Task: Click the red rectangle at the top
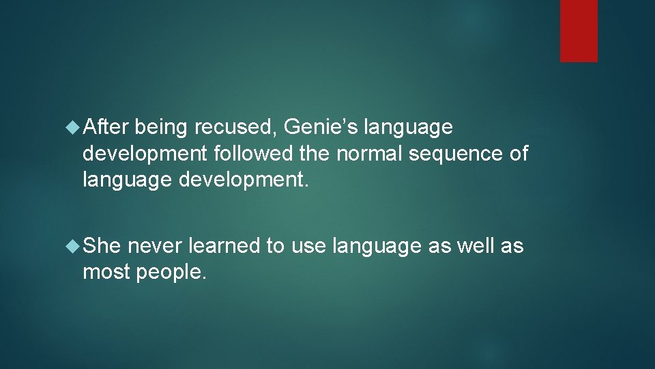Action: pos(579,31)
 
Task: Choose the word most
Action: pos(107,273)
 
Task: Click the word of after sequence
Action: pos(519,154)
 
